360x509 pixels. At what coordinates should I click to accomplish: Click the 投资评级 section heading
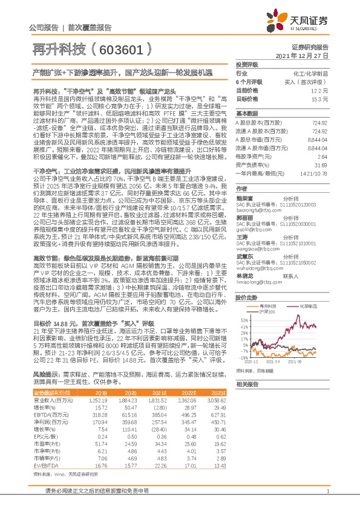(x=247, y=64)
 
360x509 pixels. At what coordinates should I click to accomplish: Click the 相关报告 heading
(x=247, y=384)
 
